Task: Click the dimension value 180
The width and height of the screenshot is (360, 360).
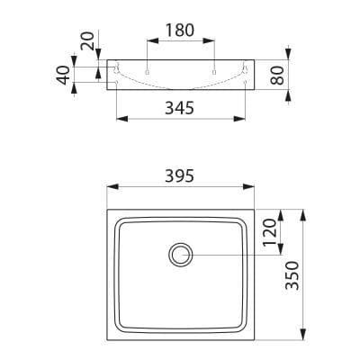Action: coord(180,31)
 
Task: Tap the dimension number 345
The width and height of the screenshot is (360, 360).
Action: coord(180,108)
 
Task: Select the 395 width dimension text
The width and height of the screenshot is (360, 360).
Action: coord(180,175)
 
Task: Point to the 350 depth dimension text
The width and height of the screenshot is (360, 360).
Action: coord(292,275)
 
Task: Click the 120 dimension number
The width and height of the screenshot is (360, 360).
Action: coord(269,232)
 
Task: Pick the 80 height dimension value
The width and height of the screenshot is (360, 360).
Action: coord(277,76)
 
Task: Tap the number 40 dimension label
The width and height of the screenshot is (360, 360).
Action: coord(63,75)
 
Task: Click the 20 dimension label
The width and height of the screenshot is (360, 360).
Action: coord(88,40)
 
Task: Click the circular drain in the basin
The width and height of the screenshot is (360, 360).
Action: coord(181,255)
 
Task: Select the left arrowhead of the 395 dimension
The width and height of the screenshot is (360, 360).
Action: coord(113,186)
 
